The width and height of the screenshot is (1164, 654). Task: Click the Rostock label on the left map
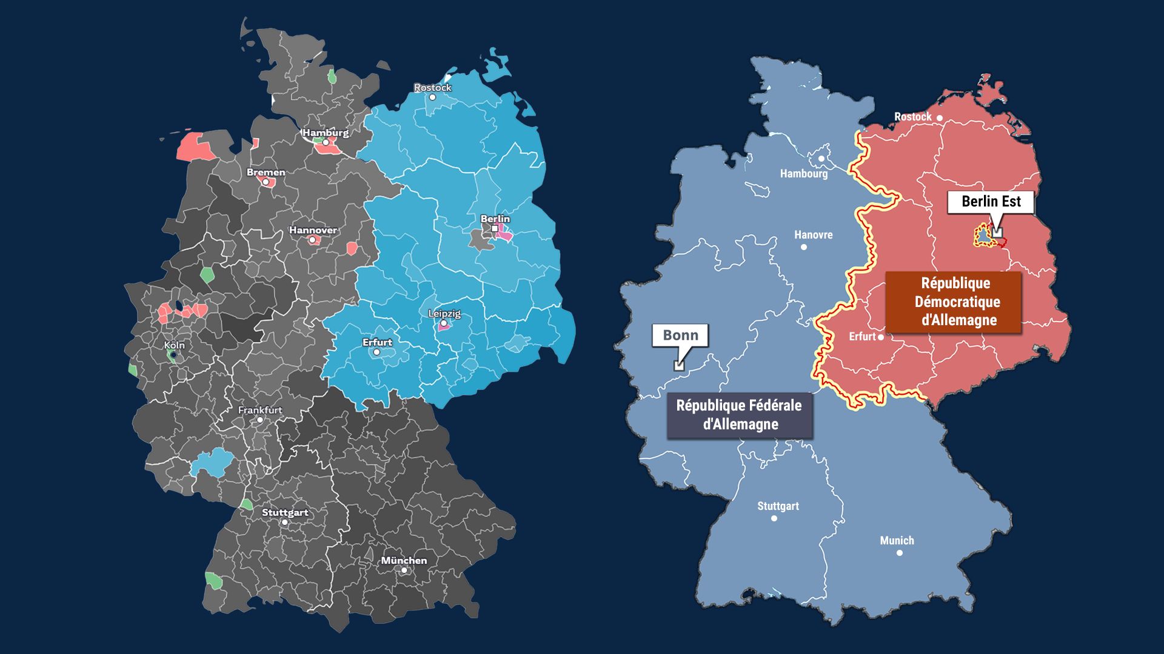[432, 88]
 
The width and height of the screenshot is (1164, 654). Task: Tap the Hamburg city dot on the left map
[326, 142]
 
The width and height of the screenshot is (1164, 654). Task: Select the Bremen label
[266, 173]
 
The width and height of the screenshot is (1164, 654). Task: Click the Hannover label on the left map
[313, 230]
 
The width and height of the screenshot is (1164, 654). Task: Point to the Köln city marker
[173, 355]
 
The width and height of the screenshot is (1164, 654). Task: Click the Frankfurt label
[260, 410]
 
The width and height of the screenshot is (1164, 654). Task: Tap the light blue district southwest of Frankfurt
[211, 464]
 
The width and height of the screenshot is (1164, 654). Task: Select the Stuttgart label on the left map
[285, 512]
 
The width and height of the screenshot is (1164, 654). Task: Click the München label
[404, 560]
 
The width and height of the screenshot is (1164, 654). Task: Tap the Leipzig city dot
[444, 323]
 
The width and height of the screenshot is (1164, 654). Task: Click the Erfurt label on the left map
[377, 342]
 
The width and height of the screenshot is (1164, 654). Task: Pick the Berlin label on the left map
[495, 219]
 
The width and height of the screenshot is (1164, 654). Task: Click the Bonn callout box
[680, 335]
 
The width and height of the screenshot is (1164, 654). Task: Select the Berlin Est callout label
[991, 202]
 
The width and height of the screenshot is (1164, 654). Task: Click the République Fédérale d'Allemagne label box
[739, 415]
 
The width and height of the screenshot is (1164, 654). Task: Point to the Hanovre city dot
[804, 246]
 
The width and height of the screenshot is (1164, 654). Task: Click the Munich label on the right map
[897, 540]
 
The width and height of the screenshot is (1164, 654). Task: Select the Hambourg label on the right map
[803, 174]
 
